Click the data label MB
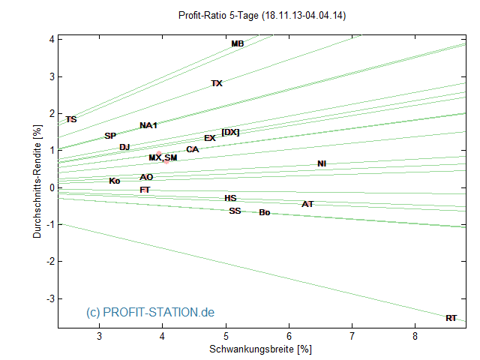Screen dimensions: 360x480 [x=237, y=44]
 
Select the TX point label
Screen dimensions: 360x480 [x=217, y=84]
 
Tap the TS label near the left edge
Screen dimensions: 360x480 [x=71, y=119]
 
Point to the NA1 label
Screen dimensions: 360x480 [x=148, y=125]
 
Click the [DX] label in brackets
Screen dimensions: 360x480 [x=230, y=133]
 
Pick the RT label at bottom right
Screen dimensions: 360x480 [x=451, y=319]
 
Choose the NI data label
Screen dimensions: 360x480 [x=322, y=163]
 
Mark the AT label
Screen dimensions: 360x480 [x=307, y=204]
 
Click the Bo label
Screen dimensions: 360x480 [x=264, y=213]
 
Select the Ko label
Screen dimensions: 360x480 [x=114, y=181]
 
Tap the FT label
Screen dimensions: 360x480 [x=145, y=190]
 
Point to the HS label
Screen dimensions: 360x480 [x=230, y=199]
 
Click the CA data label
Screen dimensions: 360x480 [x=193, y=150]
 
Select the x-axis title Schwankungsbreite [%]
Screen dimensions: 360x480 [x=260, y=349]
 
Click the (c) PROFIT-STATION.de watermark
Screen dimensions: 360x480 [x=150, y=312]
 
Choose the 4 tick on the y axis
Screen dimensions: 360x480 [x=50, y=39]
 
